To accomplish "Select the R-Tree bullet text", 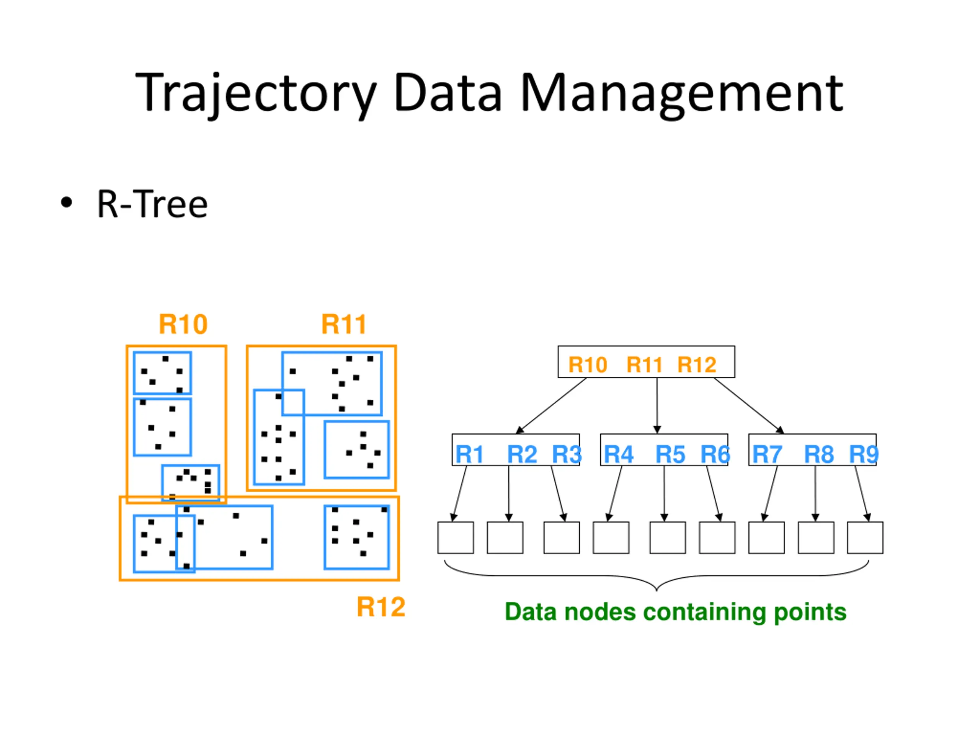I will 152,204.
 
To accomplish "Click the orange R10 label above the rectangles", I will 183,324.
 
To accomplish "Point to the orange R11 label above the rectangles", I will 344,324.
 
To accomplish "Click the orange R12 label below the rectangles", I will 381,607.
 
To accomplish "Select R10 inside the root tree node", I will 588,365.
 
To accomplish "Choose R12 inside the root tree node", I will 697,365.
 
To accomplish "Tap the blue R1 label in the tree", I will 469,454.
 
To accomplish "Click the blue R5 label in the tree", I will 670,454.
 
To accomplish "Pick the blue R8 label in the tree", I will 819,454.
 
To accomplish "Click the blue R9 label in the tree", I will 864,454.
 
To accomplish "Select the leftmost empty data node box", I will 456,537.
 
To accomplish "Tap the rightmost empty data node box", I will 865,537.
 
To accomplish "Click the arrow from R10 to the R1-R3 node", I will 552,405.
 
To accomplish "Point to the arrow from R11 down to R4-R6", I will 657,405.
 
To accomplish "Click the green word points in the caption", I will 810,612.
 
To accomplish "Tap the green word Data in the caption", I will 531,612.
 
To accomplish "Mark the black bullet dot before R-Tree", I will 67,203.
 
